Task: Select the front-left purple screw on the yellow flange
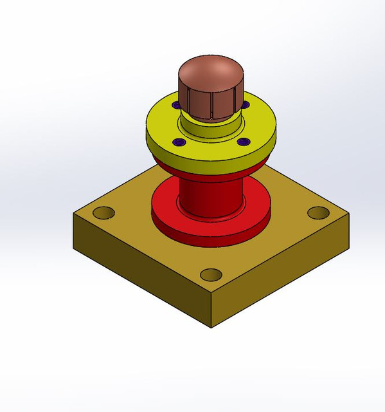click(179, 142)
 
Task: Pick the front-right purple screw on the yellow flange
click(242, 142)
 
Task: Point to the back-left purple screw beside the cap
click(175, 104)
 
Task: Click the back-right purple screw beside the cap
click(245, 104)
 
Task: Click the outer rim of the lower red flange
click(209, 241)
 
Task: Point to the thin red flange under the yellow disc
click(212, 171)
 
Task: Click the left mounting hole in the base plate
click(103, 212)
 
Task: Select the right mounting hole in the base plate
click(318, 212)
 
